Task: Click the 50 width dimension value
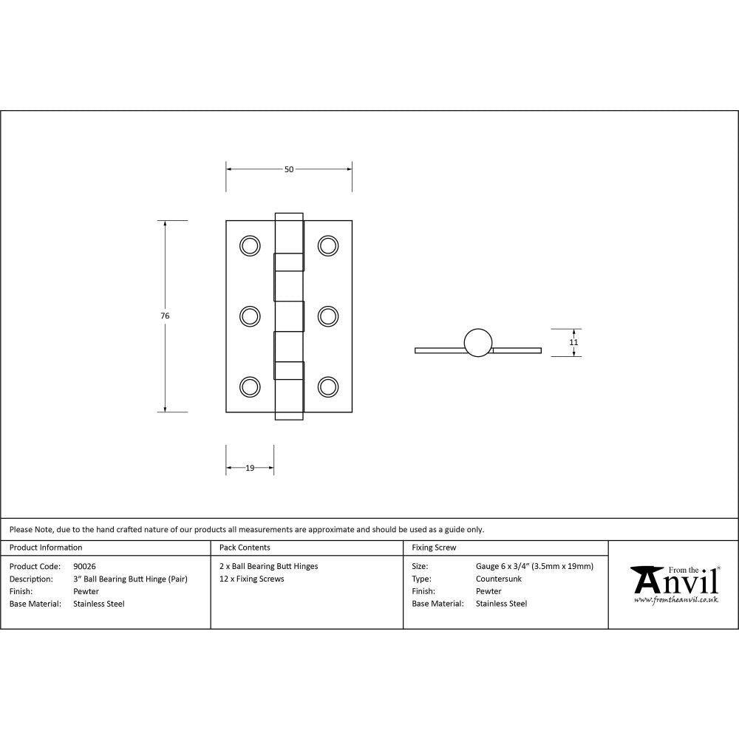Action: point(289,169)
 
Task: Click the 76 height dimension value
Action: point(165,316)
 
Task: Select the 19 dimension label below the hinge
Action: point(250,468)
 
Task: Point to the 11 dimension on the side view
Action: point(573,342)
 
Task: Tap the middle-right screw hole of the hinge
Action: point(328,316)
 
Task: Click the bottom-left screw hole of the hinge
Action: point(251,386)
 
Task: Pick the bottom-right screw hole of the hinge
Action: point(328,386)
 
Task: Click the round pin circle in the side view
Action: point(477,342)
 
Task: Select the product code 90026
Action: point(85,566)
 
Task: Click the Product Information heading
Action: point(46,548)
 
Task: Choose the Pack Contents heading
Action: point(245,548)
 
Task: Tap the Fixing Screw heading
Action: point(434,548)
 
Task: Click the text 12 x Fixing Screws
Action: point(252,579)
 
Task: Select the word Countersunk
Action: point(499,579)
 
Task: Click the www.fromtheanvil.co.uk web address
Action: point(676,600)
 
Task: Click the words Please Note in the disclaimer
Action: point(31,529)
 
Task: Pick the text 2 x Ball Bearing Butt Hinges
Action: point(269,566)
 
